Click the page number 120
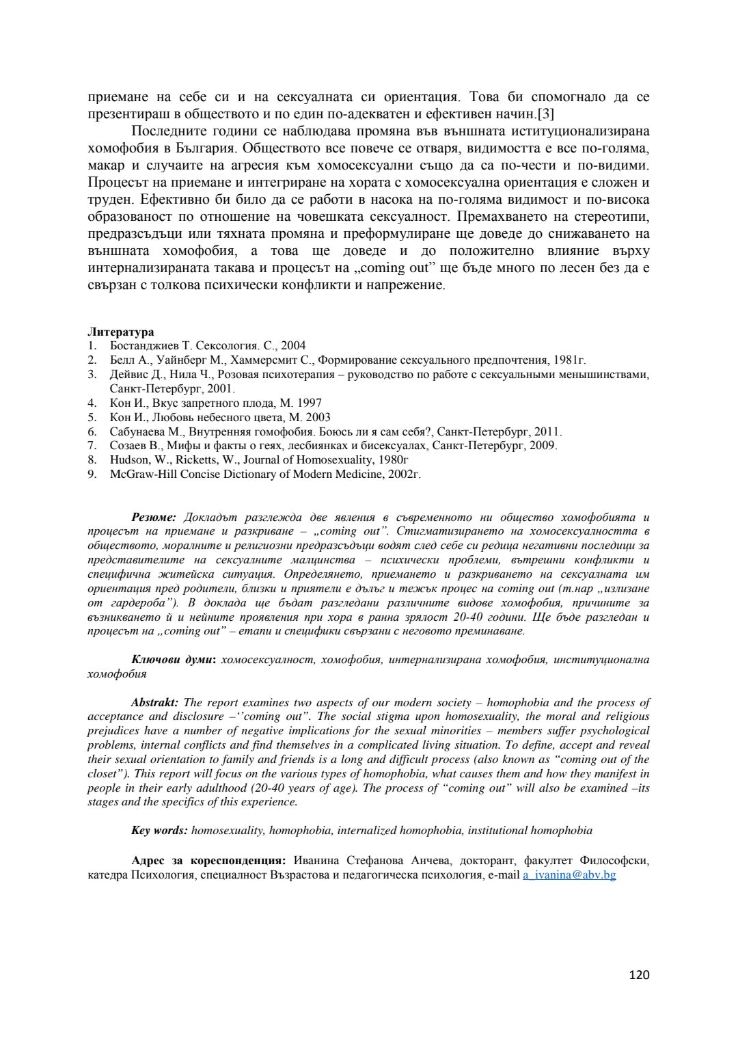point(640,974)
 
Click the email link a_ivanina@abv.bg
point(569,874)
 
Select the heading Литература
point(120,332)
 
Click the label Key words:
point(159,830)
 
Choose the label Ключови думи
point(172,659)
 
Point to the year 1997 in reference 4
point(308,403)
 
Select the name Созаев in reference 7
point(128,445)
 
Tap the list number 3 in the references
point(91,374)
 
